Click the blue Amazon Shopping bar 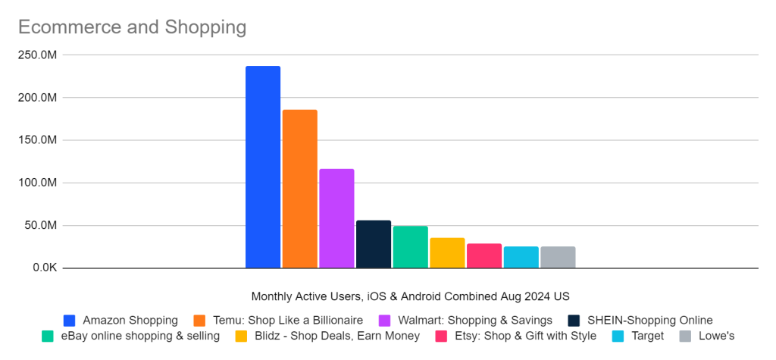(x=263, y=167)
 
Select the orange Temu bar (x=300, y=189)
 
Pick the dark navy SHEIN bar (x=374, y=244)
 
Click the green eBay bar (x=411, y=247)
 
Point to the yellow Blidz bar (x=447, y=253)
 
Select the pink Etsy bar (x=484, y=256)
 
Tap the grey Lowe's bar (x=558, y=258)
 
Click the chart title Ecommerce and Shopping (x=132, y=27)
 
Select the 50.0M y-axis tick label (x=42, y=225)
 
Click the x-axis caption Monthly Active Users (x=410, y=296)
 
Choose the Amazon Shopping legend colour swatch (x=70, y=320)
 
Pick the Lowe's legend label (x=716, y=336)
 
